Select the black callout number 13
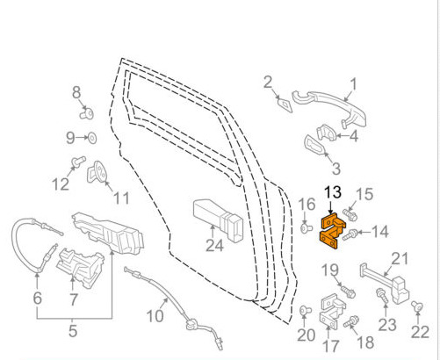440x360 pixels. click(x=333, y=192)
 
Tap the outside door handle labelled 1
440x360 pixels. click(x=329, y=106)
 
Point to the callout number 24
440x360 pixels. click(x=214, y=245)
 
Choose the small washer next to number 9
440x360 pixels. click(x=93, y=138)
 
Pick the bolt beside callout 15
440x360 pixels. click(x=350, y=215)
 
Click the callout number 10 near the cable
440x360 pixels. click(x=155, y=316)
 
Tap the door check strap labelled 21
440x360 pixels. click(x=385, y=284)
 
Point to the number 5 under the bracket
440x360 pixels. click(x=73, y=331)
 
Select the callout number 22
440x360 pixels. click(x=420, y=332)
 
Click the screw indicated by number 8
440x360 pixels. click(x=87, y=113)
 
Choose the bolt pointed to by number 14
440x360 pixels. click(x=350, y=235)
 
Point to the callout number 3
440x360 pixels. click(x=336, y=169)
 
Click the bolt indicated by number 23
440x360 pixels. click(x=382, y=296)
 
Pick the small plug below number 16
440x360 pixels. click(x=307, y=227)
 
